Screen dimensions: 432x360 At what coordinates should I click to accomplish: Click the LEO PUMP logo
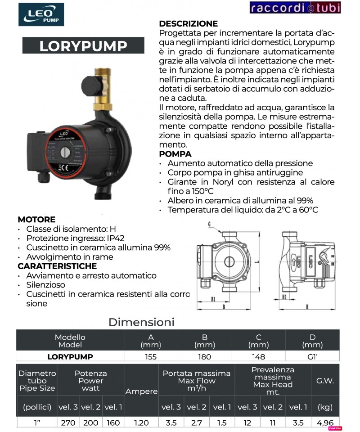[44, 14]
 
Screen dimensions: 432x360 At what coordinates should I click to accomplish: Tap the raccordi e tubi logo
[295, 8]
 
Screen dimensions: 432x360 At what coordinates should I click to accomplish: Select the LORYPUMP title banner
[83, 46]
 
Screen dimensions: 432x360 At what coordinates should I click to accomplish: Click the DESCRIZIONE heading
[189, 24]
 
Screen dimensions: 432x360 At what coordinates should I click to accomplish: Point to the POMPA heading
[175, 154]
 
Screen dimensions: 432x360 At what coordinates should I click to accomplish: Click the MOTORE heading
[36, 220]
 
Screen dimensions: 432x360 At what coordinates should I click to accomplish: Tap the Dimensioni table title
[141, 322]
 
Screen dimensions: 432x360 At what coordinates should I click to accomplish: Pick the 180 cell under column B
[204, 357]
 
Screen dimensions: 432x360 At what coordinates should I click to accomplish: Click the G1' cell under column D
[312, 357]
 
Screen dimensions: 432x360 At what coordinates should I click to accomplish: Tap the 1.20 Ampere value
[141, 423]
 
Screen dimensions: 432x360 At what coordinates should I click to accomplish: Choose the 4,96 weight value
[325, 423]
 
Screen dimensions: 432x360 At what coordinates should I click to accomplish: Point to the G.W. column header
[325, 381]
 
